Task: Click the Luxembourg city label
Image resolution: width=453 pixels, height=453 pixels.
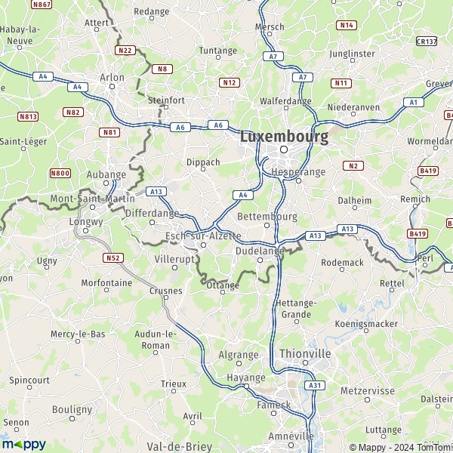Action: (284, 137)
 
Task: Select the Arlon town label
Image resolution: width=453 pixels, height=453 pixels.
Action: (112, 77)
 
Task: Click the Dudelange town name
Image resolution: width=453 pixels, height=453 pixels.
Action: (260, 250)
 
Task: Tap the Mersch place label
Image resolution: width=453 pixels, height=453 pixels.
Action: (270, 27)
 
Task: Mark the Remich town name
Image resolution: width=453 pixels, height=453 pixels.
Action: (416, 199)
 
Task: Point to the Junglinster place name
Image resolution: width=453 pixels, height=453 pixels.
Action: (352, 54)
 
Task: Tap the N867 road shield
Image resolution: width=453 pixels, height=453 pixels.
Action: (42, 5)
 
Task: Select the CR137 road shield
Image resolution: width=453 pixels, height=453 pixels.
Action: (426, 42)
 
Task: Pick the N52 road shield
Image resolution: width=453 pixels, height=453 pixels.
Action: (113, 257)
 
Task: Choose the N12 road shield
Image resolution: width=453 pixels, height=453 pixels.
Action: (230, 82)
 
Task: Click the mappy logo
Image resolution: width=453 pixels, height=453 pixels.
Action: (23, 444)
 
